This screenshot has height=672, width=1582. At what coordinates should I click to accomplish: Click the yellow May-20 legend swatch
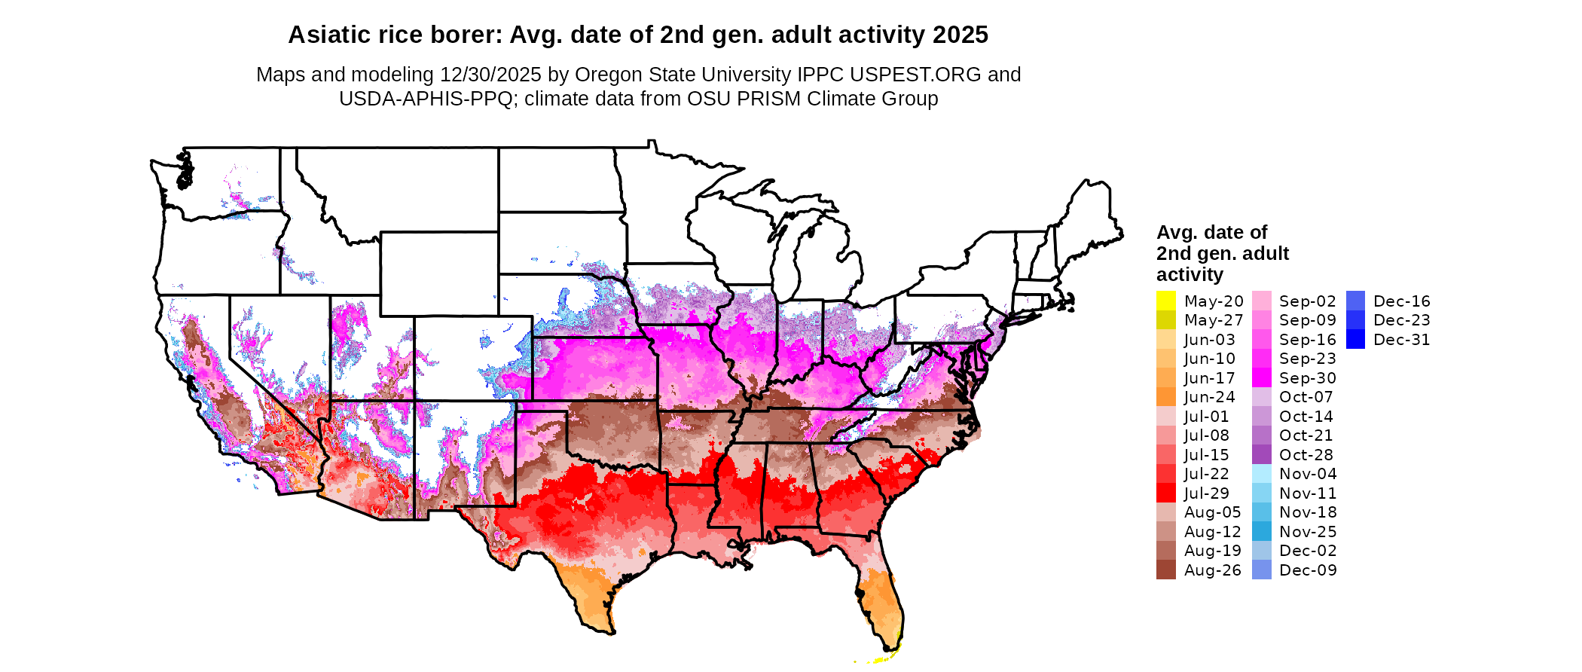click(x=1165, y=301)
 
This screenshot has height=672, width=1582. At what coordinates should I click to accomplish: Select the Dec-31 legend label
click(x=1401, y=340)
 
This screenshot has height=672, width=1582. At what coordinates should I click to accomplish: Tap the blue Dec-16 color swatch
click(x=1355, y=301)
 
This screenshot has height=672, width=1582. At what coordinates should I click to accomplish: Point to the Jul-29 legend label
click(x=1206, y=493)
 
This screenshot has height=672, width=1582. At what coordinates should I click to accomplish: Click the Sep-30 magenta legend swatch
click(x=1261, y=377)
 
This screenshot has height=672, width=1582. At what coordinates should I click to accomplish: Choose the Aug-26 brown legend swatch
click(x=1165, y=570)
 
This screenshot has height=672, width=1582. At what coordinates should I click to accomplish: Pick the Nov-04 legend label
click(x=1308, y=474)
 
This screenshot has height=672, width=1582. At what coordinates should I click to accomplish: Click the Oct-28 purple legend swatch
click(x=1261, y=455)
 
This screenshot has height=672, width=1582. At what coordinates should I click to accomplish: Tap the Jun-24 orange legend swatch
click(x=1165, y=397)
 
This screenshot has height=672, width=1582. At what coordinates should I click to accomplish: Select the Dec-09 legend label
click(x=1308, y=570)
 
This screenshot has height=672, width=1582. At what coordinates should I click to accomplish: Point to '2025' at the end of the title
click(x=960, y=35)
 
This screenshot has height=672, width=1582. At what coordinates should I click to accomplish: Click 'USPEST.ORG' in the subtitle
click(x=915, y=75)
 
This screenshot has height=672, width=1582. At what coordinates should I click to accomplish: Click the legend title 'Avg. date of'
click(x=1211, y=232)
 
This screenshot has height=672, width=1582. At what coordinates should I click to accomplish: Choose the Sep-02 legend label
click(x=1307, y=301)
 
